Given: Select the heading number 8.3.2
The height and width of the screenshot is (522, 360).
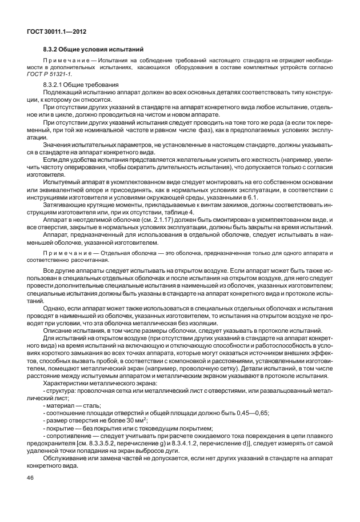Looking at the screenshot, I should click(53, 49).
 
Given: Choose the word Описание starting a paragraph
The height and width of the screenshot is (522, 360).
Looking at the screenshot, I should click(58, 330).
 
